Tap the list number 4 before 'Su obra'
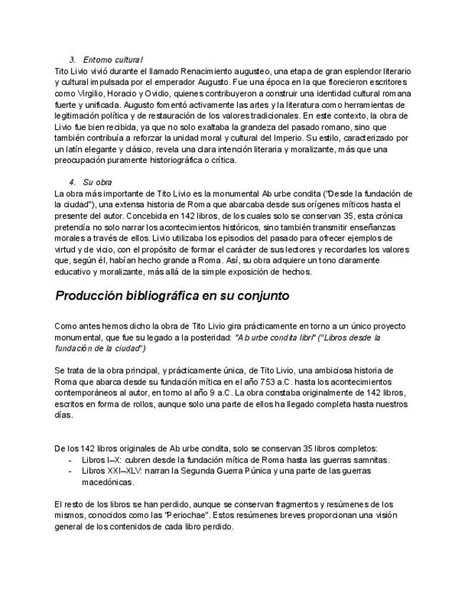[72, 182]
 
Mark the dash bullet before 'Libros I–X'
[70, 460]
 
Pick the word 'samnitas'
[373, 460]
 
